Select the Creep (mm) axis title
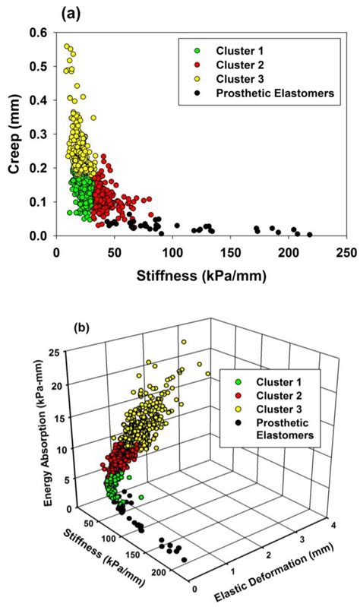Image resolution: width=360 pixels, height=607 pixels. tap(14, 134)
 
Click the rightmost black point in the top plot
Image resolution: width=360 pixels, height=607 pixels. tap(310, 235)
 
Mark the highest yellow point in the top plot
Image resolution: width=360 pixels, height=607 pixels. tap(67, 46)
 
